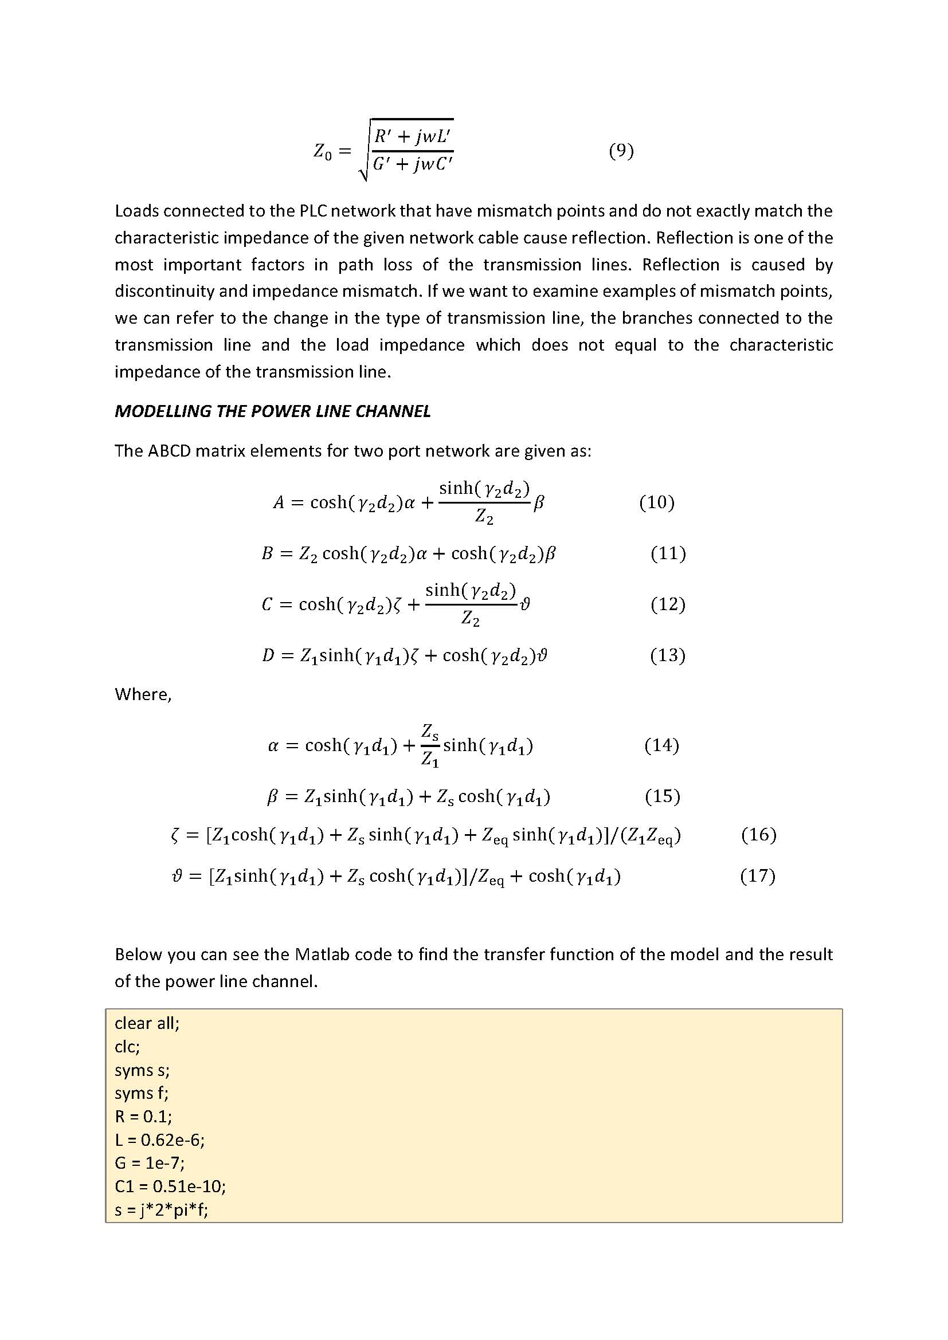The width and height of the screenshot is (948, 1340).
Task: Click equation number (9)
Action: (621, 151)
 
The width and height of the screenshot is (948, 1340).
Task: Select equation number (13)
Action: (667, 655)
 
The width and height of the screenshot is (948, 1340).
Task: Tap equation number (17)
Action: (757, 876)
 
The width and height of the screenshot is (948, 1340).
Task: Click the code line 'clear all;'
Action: (147, 1023)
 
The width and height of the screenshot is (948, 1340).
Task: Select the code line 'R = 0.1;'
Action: (143, 1117)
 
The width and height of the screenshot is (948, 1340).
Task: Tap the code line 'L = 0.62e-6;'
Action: (159, 1140)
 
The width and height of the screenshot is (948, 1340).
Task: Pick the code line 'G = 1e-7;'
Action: (150, 1163)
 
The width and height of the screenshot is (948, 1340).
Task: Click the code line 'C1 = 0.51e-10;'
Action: (170, 1186)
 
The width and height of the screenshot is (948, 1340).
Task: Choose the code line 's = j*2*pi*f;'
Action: (161, 1210)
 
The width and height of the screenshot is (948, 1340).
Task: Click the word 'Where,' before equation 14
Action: (143, 694)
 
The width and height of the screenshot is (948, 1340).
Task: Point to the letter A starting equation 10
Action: (279, 502)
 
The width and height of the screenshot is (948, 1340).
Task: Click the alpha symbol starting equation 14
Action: (273, 746)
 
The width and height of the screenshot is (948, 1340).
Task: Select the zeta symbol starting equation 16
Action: (175, 836)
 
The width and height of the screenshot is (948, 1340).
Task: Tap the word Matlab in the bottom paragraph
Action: (321, 954)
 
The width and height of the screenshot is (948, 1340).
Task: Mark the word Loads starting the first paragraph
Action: (136, 211)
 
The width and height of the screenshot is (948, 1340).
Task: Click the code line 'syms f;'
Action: (141, 1093)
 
